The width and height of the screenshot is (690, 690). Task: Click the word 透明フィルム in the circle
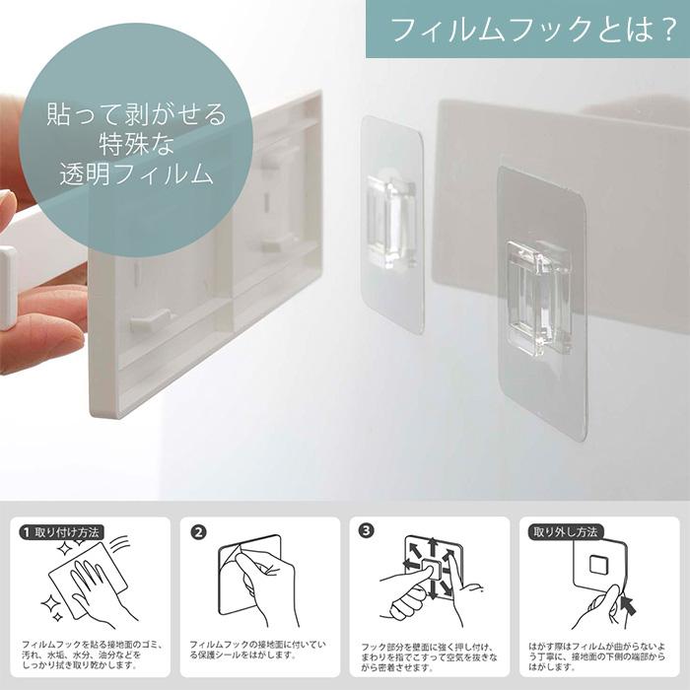[x=136, y=175]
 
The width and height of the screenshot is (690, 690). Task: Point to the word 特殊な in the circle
[x=136, y=145]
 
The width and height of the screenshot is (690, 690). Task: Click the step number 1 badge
[x=26, y=531]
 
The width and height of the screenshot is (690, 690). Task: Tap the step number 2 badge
[x=198, y=531]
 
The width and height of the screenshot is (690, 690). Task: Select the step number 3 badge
[x=367, y=531]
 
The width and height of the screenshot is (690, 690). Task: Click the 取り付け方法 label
[x=67, y=531]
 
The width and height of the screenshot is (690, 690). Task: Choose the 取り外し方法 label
[x=565, y=531]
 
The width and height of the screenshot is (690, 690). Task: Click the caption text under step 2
[x=258, y=649]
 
